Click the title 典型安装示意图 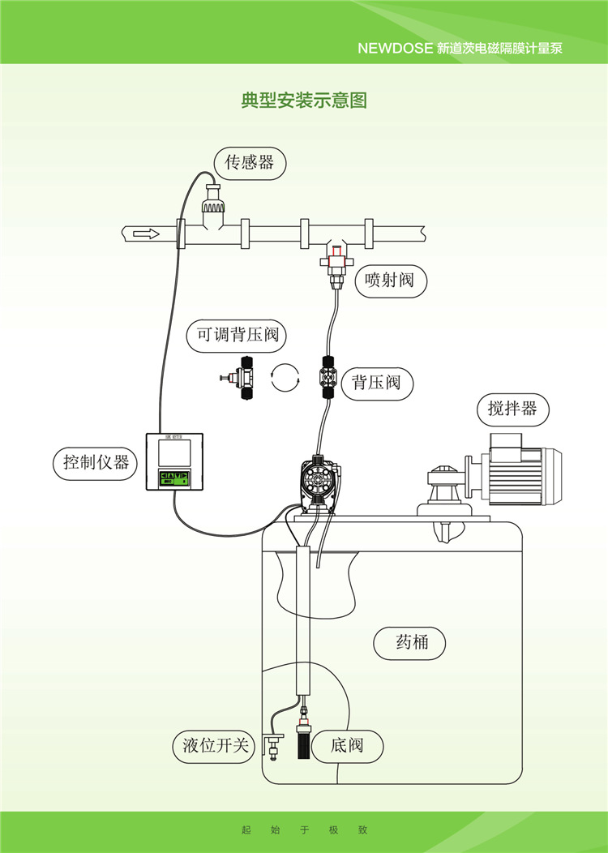[x=304, y=101]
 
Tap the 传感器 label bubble [x=250, y=163]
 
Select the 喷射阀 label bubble [x=390, y=281]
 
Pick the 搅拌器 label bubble [x=512, y=409]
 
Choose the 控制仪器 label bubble [x=96, y=463]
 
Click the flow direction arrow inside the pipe [x=146, y=234]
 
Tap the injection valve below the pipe [x=335, y=264]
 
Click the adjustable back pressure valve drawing [x=240, y=377]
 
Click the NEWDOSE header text [x=460, y=48]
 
